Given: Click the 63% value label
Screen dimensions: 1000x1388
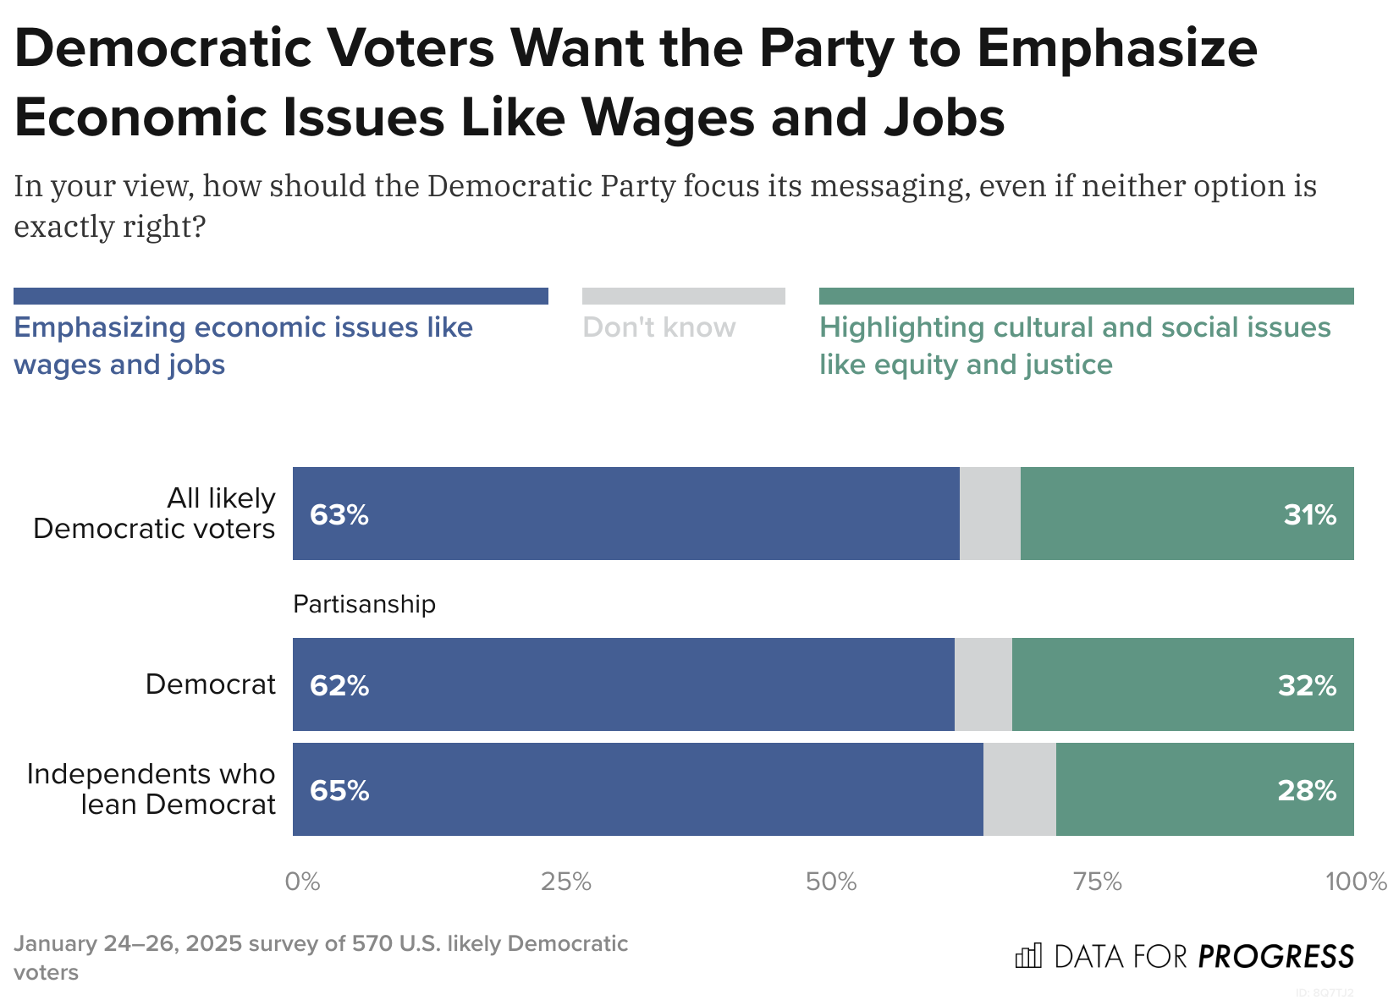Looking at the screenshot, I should [x=339, y=514].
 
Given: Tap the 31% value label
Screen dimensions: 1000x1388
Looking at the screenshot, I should [x=1309, y=514].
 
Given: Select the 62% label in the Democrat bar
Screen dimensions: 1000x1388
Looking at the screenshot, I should [x=339, y=685].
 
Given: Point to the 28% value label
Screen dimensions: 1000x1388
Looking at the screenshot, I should [x=1307, y=790].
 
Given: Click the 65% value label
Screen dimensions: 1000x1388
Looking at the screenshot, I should [x=339, y=790].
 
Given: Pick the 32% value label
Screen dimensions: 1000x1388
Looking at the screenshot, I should [x=1307, y=685].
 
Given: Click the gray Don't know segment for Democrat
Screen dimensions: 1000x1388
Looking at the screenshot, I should [x=983, y=684].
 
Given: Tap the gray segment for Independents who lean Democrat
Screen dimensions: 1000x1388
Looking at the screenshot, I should [x=1019, y=789].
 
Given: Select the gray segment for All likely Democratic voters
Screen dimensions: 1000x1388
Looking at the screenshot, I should [x=989, y=514].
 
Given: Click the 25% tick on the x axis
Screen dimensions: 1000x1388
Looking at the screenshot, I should [x=565, y=882].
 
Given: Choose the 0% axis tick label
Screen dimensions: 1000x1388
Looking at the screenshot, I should [x=302, y=882].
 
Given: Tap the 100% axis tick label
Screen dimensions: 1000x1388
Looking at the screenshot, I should [x=1355, y=882].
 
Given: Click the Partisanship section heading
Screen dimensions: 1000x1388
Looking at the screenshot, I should [x=364, y=604].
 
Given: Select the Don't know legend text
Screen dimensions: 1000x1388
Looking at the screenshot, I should [x=659, y=327].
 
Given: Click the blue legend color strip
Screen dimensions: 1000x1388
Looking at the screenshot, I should [x=280, y=296].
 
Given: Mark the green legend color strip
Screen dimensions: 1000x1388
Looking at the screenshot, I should [x=1086, y=296].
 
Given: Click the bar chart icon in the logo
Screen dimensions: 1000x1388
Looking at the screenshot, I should [x=1028, y=956].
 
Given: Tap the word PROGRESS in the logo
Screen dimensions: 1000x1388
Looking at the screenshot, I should [x=1275, y=957].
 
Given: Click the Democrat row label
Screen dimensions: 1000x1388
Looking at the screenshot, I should [x=210, y=684].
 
